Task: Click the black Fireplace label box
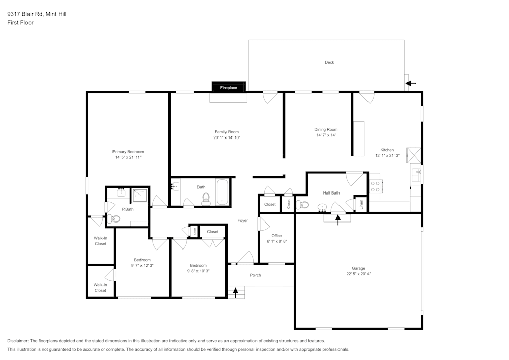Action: (x=229, y=88)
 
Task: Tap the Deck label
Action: (x=329, y=62)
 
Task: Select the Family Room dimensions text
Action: (x=227, y=138)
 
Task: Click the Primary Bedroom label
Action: (x=128, y=152)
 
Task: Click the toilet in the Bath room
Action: (x=206, y=199)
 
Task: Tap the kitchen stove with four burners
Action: (x=375, y=186)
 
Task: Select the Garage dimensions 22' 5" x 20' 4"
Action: (x=358, y=274)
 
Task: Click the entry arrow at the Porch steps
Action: (x=235, y=292)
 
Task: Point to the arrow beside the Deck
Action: (x=411, y=84)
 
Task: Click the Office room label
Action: (x=277, y=236)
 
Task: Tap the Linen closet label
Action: (x=361, y=204)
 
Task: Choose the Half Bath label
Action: (x=331, y=193)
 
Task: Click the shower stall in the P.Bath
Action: (x=140, y=196)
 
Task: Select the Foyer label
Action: (x=243, y=220)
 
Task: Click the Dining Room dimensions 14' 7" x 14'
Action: (x=326, y=135)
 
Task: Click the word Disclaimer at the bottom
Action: (x=18, y=341)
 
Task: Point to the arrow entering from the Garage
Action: (x=337, y=219)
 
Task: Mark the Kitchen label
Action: (x=387, y=150)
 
